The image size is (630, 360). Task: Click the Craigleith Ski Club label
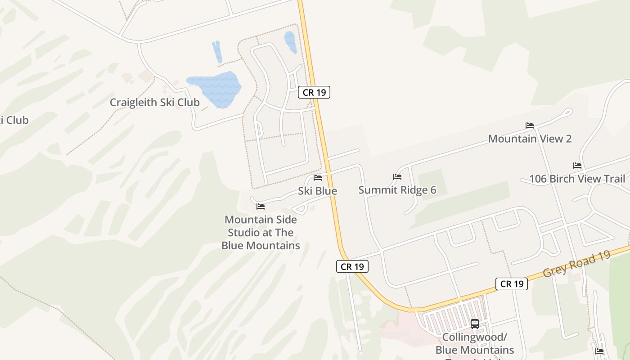(x=154, y=103)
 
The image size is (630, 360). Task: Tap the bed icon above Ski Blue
(x=318, y=178)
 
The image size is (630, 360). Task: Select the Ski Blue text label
(x=317, y=191)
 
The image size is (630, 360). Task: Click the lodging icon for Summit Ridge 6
(x=397, y=177)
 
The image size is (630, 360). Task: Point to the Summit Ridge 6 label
(x=397, y=190)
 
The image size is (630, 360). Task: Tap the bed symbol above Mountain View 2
(x=530, y=126)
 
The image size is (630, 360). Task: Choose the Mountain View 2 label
(x=530, y=139)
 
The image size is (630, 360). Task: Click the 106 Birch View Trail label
(x=577, y=179)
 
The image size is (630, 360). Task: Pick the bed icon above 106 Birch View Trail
(x=577, y=166)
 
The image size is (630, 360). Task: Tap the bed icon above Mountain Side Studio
(x=261, y=207)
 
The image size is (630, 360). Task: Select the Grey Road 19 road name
(x=576, y=264)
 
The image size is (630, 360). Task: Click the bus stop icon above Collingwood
(x=474, y=324)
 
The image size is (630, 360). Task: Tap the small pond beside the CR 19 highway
(x=290, y=41)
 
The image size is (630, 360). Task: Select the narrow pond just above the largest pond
(x=217, y=52)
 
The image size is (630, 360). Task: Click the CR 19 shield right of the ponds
(x=314, y=93)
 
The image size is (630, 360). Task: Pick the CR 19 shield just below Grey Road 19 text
(x=512, y=284)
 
